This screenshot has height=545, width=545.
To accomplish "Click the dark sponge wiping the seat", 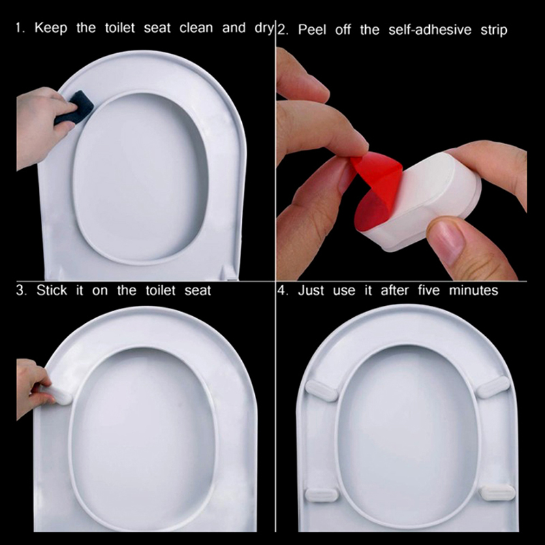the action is [x=74, y=108].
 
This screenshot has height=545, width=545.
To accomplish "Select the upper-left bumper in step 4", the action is [x=322, y=390].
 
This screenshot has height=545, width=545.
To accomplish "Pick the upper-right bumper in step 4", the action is [x=493, y=386].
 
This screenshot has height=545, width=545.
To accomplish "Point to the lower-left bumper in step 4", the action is [x=322, y=495].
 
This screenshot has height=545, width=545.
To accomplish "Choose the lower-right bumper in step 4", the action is [x=497, y=493].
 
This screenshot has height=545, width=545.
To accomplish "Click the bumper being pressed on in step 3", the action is [x=57, y=394].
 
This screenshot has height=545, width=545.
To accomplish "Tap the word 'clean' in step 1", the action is [x=196, y=28].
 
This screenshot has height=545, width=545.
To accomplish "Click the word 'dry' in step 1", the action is [x=264, y=29].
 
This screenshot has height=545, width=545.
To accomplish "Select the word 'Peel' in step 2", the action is [x=312, y=30].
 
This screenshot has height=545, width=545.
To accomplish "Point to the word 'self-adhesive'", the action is [x=430, y=30].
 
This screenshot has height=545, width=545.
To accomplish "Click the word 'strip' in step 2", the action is [x=494, y=31].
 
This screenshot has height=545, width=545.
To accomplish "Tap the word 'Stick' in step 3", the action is [x=52, y=290].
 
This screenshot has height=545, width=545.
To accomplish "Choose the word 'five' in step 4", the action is [x=429, y=290].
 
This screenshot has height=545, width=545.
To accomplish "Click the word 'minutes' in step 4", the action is [x=473, y=291].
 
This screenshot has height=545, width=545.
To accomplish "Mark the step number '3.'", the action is [x=21, y=290].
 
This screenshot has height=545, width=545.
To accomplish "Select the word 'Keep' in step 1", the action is [x=50, y=28].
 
